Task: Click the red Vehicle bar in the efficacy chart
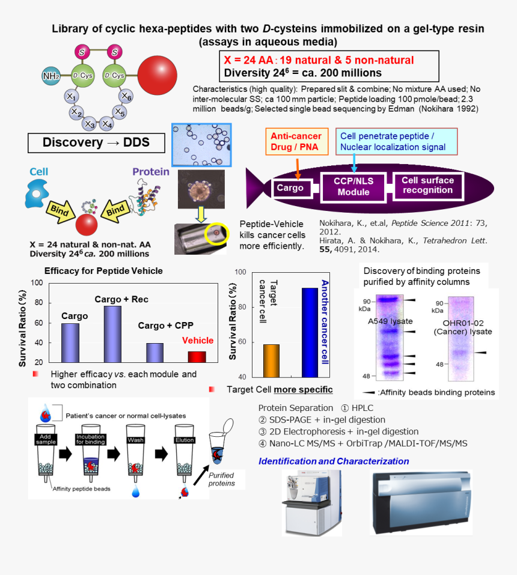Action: pos(197,357)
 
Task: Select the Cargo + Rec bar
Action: pos(112,334)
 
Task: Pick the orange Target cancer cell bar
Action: pos(271,361)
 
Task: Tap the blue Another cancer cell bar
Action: pos(310,333)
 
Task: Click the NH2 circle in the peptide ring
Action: pos(51,76)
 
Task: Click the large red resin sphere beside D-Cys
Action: pos(158,76)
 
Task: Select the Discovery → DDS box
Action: pos(96,142)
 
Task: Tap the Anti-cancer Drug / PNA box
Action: pos(296,142)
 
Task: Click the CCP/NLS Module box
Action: pos(353,187)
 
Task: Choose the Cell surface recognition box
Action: pos(428,186)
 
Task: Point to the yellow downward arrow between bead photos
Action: pos(201,214)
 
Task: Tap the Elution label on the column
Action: pos(185,440)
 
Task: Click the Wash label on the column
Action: pos(136,440)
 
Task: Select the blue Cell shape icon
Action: pos(37,193)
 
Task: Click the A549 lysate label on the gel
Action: pos(390,321)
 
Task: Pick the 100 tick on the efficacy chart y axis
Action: pos(37,283)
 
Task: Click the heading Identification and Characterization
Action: pos(334,461)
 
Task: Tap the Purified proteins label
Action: pos(222,479)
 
